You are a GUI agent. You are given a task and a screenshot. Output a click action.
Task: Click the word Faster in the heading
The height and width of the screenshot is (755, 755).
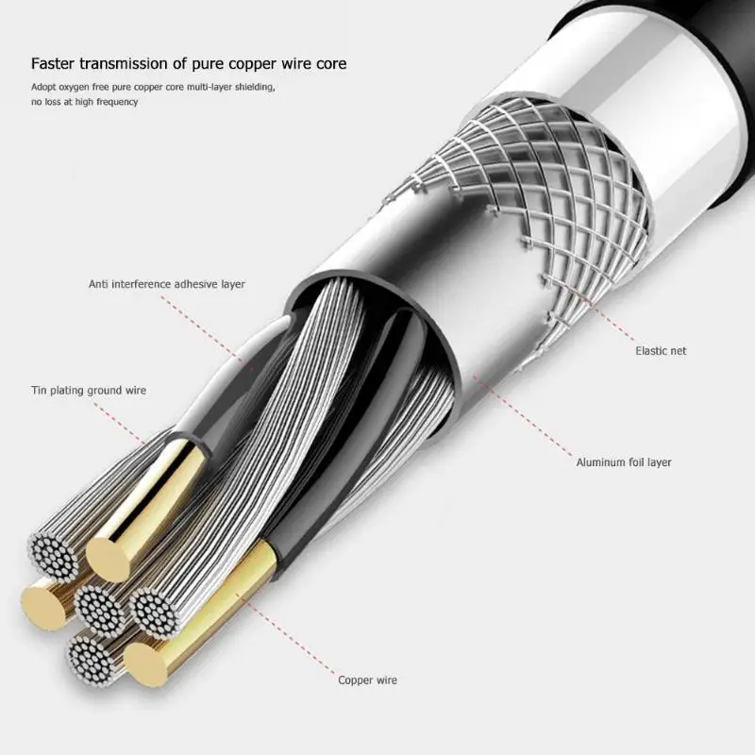pyautogui.click(x=55, y=64)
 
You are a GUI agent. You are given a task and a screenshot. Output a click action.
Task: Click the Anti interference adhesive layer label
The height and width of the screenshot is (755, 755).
pyautogui.click(x=166, y=284)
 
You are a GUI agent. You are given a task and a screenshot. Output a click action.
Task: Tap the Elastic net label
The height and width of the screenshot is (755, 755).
pyautogui.click(x=661, y=351)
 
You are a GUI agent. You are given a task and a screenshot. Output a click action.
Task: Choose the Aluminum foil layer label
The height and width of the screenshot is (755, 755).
pyautogui.click(x=624, y=462)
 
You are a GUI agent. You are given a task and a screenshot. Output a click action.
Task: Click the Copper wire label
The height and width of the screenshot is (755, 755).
pyautogui.click(x=367, y=679)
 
